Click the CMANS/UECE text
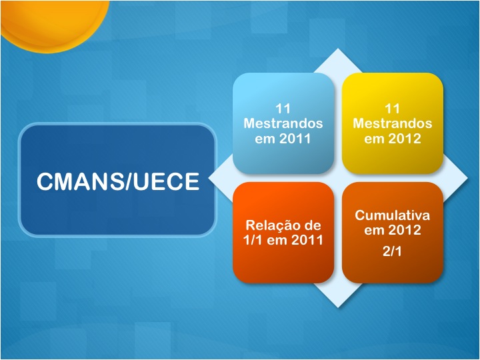tap(118, 181)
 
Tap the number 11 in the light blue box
tap(283, 109)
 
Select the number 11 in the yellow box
tap(392, 109)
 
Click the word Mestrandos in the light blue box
tap(283, 123)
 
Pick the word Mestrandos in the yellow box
tap(393, 123)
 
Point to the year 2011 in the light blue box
tap(295, 139)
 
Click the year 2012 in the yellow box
tap(405, 139)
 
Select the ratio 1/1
tap(253, 240)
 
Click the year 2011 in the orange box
tap(307, 240)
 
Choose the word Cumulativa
tap(393, 215)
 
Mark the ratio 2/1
tap(392, 251)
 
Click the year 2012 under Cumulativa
tap(405, 230)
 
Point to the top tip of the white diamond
tap(337, 49)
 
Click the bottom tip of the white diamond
tap(338, 307)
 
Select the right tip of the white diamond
tap(467, 178)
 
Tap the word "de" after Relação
tap(313, 225)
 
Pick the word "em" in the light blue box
tap(265, 139)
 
